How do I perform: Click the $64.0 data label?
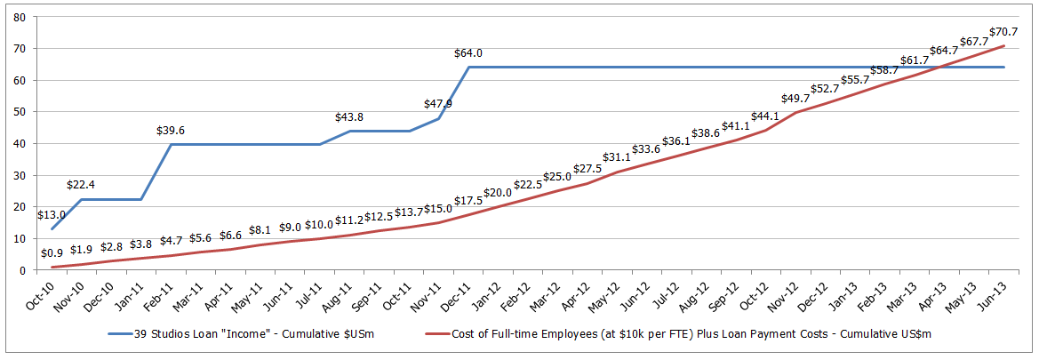[468, 53]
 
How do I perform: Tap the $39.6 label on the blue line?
[171, 130]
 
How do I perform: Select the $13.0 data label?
[52, 215]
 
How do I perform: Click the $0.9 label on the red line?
[52, 254]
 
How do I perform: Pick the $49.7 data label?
[795, 99]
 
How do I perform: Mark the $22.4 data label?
[82, 185]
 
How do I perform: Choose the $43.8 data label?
[350, 117]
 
